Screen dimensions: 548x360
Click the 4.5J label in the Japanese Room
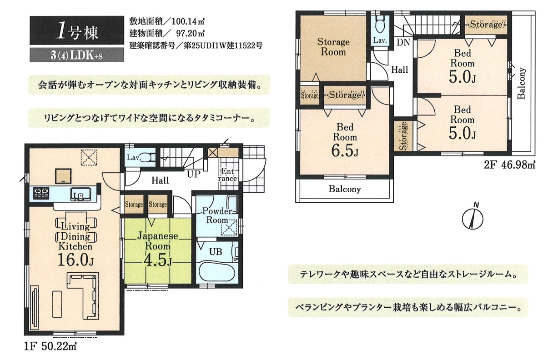point(158,261)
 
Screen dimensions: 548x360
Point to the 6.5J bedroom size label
point(345,151)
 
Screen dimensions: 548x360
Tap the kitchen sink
point(81,194)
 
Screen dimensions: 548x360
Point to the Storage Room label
point(333,47)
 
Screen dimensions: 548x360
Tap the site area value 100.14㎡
point(188,22)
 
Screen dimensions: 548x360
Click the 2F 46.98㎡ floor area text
point(510,165)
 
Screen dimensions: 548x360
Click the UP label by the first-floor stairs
point(194,174)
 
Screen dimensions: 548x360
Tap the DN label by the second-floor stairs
point(403,43)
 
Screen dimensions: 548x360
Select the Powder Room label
point(217,215)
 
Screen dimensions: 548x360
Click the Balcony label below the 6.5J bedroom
point(345,189)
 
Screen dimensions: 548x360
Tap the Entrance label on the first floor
point(228,175)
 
